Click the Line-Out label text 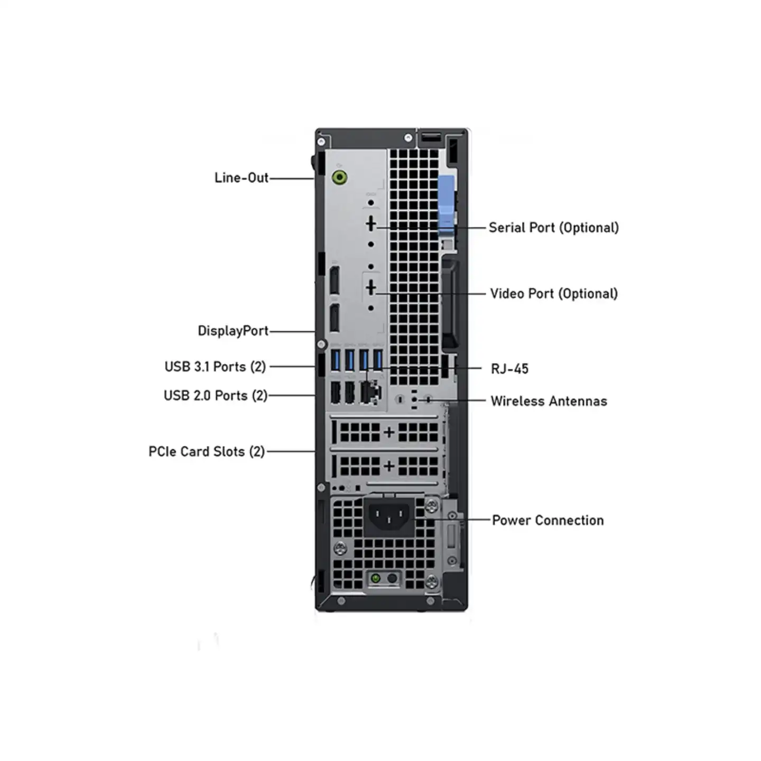pos(242,178)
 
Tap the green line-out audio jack pos(340,177)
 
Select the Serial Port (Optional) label pos(554,227)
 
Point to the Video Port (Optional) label pos(554,293)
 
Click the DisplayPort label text pos(233,331)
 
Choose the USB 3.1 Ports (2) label pos(215,366)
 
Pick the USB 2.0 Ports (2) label pos(216,395)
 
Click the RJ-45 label pos(509,368)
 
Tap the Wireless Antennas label pos(549,401)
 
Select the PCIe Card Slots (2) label pos(207,451)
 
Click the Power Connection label pos(547,520)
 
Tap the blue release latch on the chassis pos(446,205)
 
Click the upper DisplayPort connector pos(335,281)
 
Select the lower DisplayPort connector pos(335,318)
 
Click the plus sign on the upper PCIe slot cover pos(389,432)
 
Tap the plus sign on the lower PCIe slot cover pos(389,466)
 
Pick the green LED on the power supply pos(376,579)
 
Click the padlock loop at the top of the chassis pos(431,137)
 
